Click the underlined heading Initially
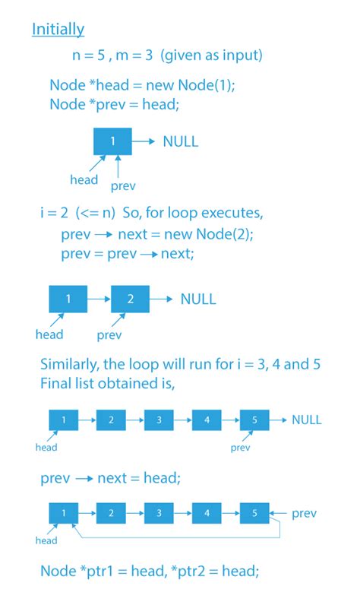tap(58, 30)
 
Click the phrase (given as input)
tap(211, 55)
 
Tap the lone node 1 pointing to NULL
tap(112, 141)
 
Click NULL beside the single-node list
tap(181, 141)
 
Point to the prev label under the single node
tap(123, 186)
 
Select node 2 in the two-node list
tap(131, 299)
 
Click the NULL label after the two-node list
tap(198, 299)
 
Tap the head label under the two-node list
tap(49, 334)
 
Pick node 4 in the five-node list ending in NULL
tap(207, 420)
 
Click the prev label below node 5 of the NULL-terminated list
tap(241, 448)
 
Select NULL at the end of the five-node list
tap(306, 420)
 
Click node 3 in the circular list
tap(159, 513)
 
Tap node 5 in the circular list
tap(254, 513)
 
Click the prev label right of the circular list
tap(304, 514)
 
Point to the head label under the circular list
tap(46, 540)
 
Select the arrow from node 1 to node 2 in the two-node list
tap(99, 299)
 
